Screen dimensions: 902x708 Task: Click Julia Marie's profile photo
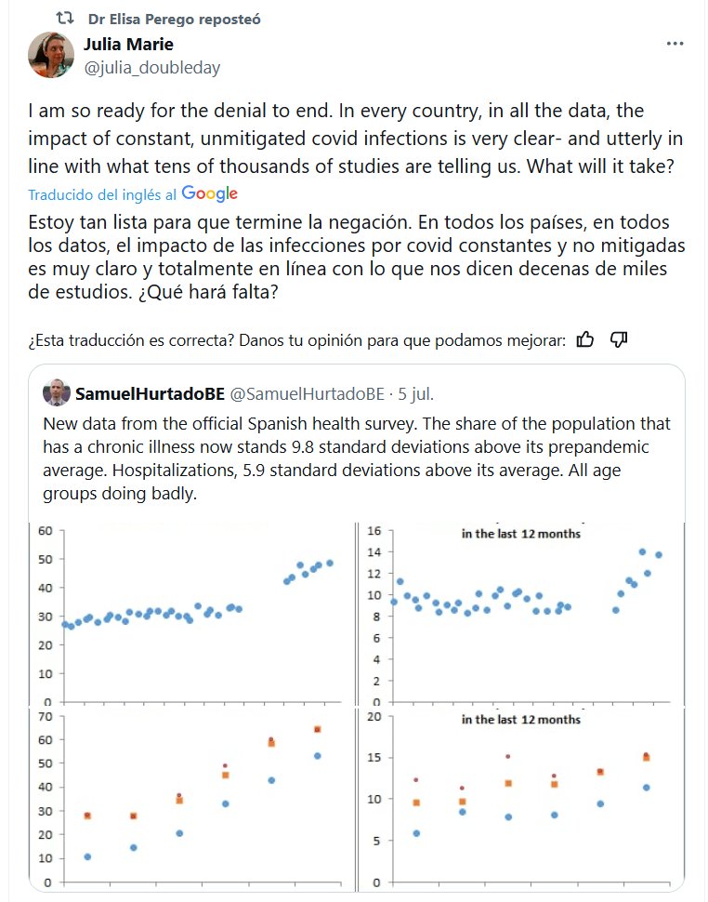coord(51,55)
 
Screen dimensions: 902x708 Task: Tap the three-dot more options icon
coord(675,45)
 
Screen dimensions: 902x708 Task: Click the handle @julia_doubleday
coord(152,68)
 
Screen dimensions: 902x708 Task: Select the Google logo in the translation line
coord(210,193)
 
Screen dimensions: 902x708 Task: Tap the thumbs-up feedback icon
coord(585,339)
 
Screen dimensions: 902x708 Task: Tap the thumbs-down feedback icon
coord(620,339)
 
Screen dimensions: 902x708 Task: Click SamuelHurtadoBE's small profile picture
coord(56,393)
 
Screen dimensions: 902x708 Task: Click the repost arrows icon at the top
coord(65,18)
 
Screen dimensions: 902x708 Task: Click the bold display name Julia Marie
coord(128,44)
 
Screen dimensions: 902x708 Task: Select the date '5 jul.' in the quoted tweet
coord(413,393)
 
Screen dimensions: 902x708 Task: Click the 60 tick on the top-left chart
coord(44,531)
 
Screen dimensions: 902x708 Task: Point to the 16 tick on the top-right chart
coord(375,531)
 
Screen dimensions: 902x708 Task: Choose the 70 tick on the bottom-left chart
coord(44,715)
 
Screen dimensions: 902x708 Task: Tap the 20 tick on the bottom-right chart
coord(375,717)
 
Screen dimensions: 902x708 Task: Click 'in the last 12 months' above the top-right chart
coord(520,534)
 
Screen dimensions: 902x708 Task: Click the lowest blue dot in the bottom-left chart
coord(87,856)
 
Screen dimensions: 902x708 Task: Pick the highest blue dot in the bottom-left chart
coord(317,756)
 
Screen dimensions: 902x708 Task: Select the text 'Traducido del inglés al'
coord(102,194)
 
